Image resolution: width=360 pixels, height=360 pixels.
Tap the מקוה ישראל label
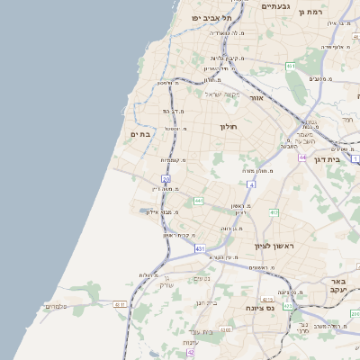click(x=212, y=94)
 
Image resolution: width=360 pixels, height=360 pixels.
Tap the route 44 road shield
click(x=303, y=157)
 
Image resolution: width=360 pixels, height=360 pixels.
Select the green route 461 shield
click(x=291, y=66)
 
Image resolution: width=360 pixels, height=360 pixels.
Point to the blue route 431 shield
click(x=199, y=247)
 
